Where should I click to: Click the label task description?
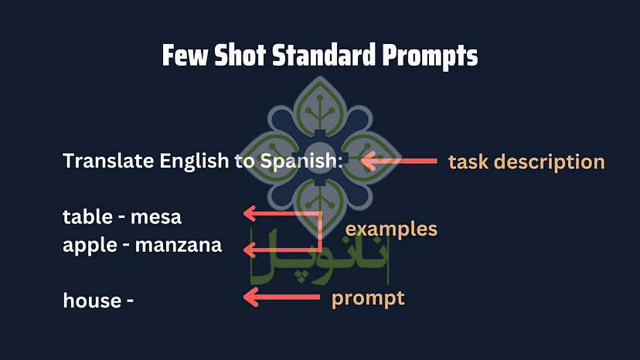pos(526,162)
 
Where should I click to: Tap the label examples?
pos(391,229)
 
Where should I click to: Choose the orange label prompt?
pos(368,298)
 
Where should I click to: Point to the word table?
pos(87,217)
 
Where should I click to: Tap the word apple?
pos(89,246)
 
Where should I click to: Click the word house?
pos(91,300)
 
